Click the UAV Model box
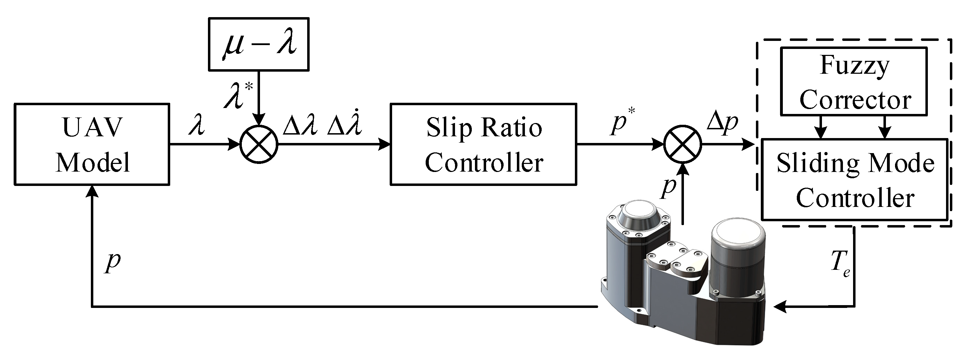pyautogui.click(x=92, y=145)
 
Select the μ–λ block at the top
pyautogui.click(x=259, y=44)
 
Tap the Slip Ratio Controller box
pyautogui.click(x=484, y=145)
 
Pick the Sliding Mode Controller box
pyautogui.click(x=854, y=180)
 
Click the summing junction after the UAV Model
pyautogui.click(x=259, y=144)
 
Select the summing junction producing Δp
pyautogui.click(x=683, y=144)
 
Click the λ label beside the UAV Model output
pyautogui.click(x=197, y=126)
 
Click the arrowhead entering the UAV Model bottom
pyautogui.click(x=92, y=192)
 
